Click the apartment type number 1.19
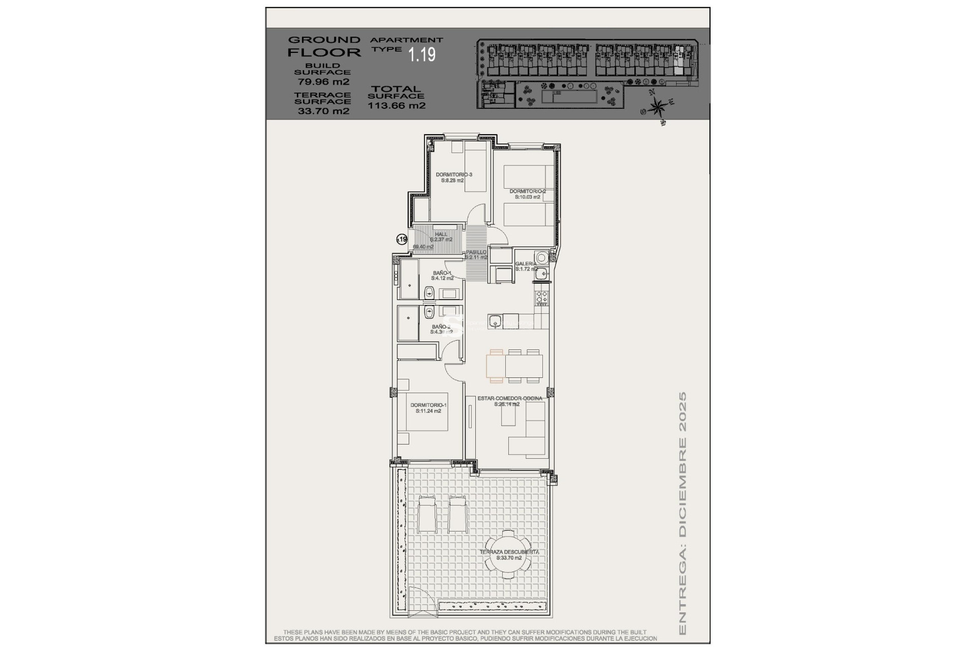click(x=422, y=54)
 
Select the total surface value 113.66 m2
click(x=396, y=106)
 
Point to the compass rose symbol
click(x=658, y=107)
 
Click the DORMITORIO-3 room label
click(x=453, y=177)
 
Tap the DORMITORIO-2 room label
click(x=527, y=194)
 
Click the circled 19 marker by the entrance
click(x=402, y=239)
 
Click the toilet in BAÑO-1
click(x=429, y=292)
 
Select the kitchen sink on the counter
click(x=495, y=321)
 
